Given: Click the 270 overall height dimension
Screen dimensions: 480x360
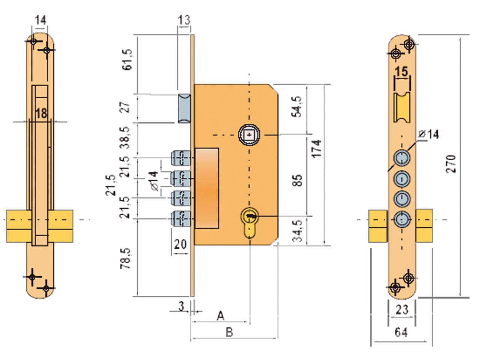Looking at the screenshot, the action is (451, 164).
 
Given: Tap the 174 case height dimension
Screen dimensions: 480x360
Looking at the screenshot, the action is (316, 149).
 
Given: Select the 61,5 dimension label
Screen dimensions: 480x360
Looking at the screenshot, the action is (127, 60).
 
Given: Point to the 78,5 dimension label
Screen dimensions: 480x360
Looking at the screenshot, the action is (126, 258).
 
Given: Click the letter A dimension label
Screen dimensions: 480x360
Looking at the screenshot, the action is (220, 316).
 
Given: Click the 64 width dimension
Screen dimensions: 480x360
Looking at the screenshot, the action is (401, 332).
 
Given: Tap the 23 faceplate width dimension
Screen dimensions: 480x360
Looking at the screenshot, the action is (402, 309).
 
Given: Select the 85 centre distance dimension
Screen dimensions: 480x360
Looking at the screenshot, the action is (297, 180).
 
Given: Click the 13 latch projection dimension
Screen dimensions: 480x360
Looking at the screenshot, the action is (184, 20).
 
